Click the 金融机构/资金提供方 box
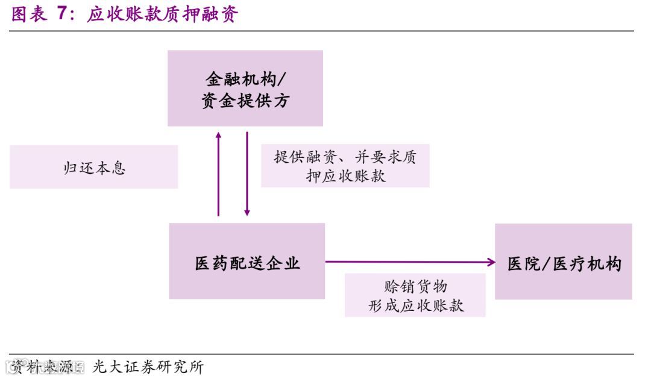coord(245,88)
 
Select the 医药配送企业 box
coord(247,261)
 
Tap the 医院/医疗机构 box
coord(563,262)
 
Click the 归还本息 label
coord(94,167)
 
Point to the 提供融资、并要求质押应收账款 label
coord(345,166)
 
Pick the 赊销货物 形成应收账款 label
coord(415,295)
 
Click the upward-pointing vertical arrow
coord(218,175)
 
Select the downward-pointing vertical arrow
coord(247,175)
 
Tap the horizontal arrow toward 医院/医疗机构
coord(410,262)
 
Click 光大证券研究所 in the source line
coord(148,366)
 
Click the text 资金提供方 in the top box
coord(245,100)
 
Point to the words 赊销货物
coord(415,286)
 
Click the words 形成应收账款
coord(415,305)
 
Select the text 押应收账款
coord(345,176)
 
